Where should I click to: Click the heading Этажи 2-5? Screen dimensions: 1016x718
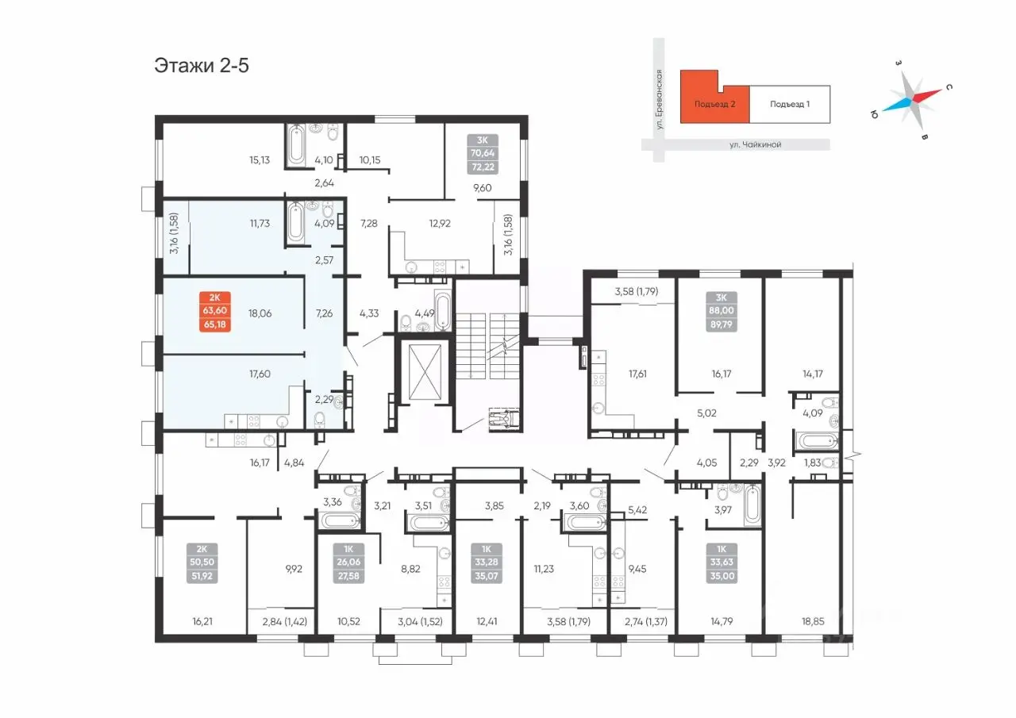202,66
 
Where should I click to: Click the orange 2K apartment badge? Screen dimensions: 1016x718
215,312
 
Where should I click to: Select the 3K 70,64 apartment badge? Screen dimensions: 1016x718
483,154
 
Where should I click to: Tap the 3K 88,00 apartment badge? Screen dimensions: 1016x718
722,312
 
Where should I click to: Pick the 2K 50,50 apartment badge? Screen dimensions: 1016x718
202,562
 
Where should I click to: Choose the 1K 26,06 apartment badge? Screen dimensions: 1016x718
348,562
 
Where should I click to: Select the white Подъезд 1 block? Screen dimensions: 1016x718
790,104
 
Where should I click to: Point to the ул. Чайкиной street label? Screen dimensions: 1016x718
755,144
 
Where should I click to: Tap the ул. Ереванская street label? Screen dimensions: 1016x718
659,100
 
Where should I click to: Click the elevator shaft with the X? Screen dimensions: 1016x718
425,372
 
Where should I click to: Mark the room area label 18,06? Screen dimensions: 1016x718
260,313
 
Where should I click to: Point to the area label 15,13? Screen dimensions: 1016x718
260,160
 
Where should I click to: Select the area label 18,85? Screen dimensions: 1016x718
812,621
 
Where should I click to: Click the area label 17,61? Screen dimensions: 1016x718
637,374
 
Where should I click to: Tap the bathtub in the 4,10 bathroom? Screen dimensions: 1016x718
296,145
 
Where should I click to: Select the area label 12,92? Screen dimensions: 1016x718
440,224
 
